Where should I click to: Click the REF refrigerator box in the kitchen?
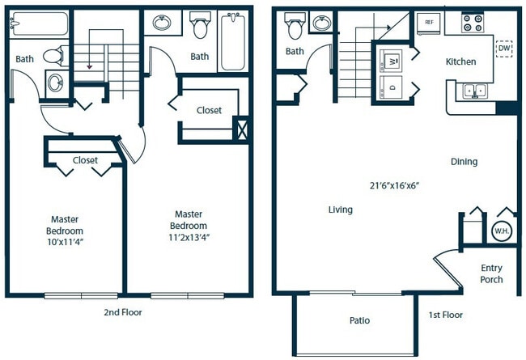pyautogui.click(x=429, y=23)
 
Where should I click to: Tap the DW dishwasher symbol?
pyautogui.click(x=504, y=49)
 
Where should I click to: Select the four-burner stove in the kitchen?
pyautogui.click(x=473, y=23)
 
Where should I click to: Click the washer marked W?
pyautogui.click(x=392, y=59)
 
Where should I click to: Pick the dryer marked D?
pyautogui.click(x=392, y=87)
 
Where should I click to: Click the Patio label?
pyautogui.click(x=359, y=320)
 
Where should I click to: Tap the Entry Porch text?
pyautogui.click(x=491, y=273)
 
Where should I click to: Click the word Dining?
pyautogui.click(x=464, y=162)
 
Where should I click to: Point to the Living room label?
pyautogui.click(x=340, y=210)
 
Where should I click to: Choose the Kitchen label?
pyautogui.click(x=460, y=61)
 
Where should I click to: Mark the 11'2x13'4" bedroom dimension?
pyautogui.click(x=189, y=236)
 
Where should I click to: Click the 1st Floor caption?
pyautogui.click(x=446, y=315)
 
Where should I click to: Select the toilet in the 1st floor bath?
pyautogui.click(x=295, y=27)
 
